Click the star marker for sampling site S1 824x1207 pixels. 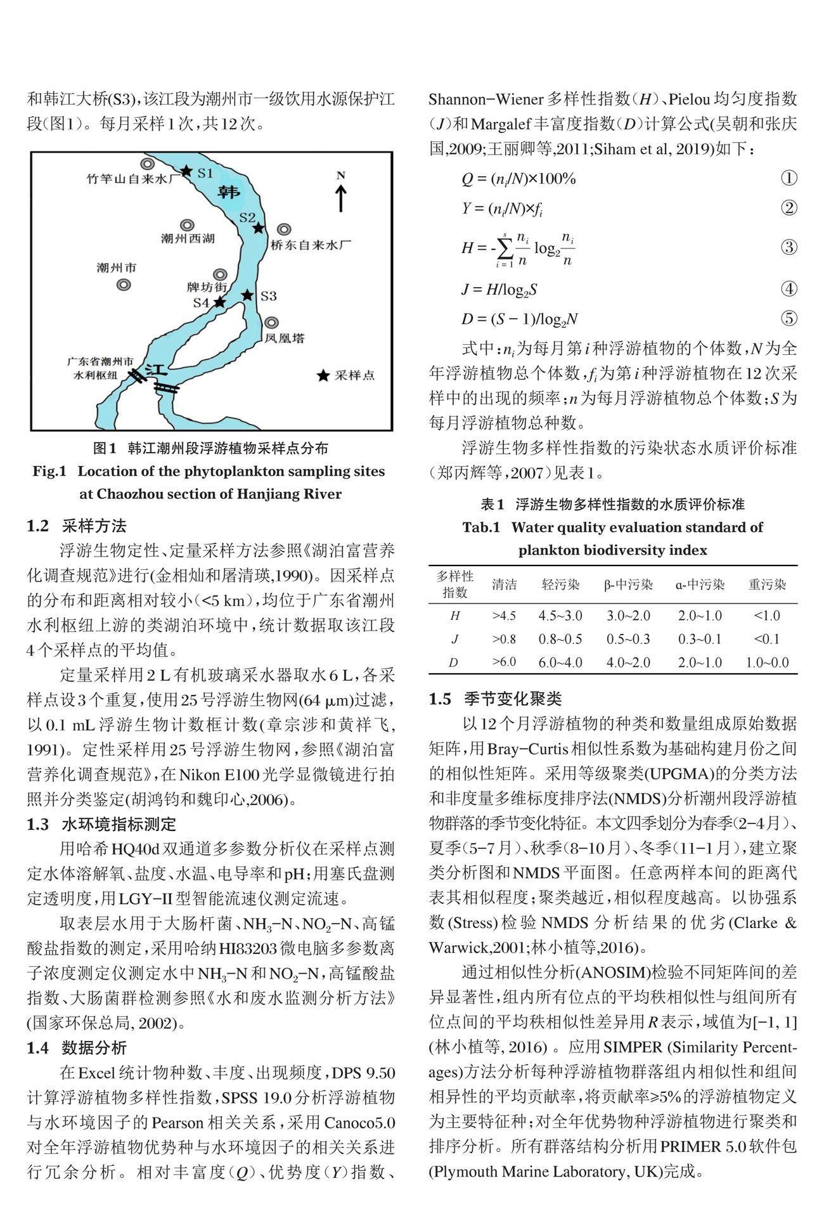(186, 171)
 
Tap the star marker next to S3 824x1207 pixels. (248, 295)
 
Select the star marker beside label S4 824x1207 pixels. (219, 302)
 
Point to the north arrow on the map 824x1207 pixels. (341, 196)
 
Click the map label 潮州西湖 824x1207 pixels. (188, 238)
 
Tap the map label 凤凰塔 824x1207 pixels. (285, 338)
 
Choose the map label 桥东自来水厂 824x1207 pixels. (311, 244)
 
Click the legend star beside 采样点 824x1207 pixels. (323, 376)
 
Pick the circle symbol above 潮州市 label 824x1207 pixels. (124, 285)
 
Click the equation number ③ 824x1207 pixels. (789, 247)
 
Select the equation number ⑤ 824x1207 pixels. (789, 318)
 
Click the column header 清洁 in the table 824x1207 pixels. (505, 584)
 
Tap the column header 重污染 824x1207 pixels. (767, 584)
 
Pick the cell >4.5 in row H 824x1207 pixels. (505, 616)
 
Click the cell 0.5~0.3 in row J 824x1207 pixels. (628, 639)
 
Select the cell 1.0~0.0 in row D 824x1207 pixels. (767, 662)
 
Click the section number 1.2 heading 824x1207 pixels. (37, 526)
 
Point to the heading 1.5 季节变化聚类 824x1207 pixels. (495, 699)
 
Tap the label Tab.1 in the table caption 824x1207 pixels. (481, 527)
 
